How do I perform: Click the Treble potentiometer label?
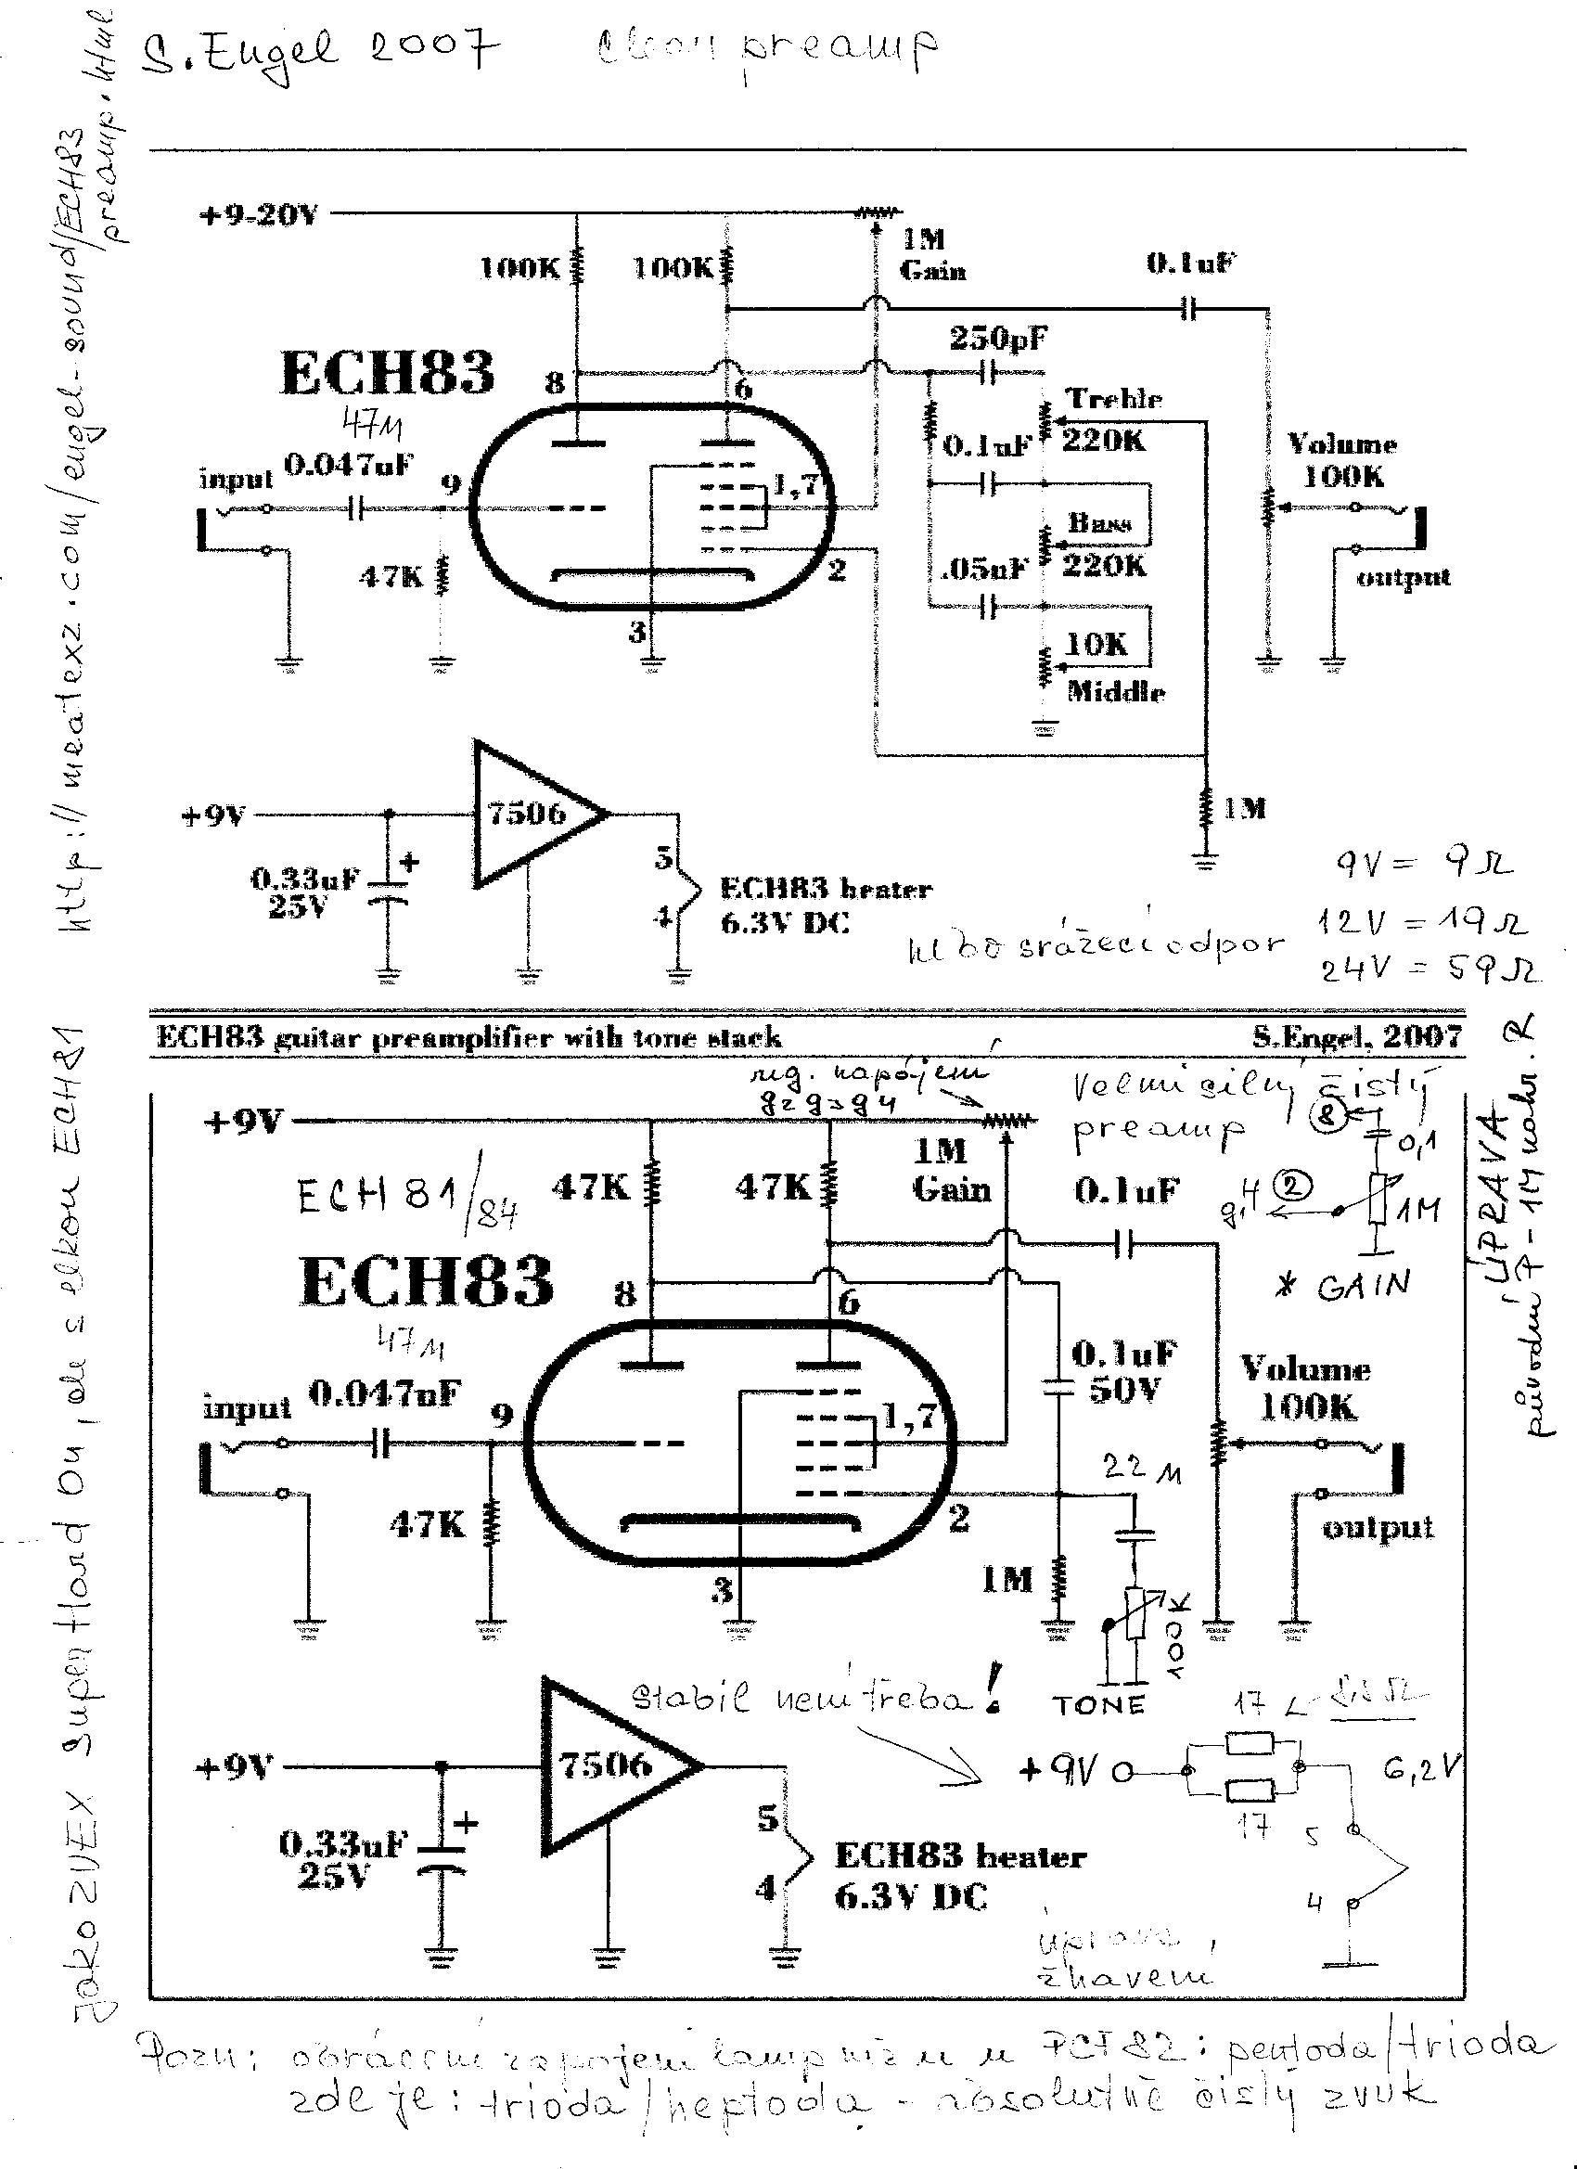pyautogui.click(x=1114, y=398)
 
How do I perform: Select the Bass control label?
pyautogui.click(x=1099, y=522)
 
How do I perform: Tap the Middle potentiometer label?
pyautogui.click(x=1116, y=691)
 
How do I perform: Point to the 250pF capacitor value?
pyautogui.click(x=997, y=338)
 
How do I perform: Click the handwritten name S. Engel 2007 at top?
pyautogui.click(x=320, y=54)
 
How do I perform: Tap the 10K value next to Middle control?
pyautogui.click(x=1096, y=644)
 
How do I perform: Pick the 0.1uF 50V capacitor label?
pyautogui.click(x=1124, y=1370)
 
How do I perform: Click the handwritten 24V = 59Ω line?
pyautogui.click(x=1429, y=969)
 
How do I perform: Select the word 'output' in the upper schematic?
pyautogui.click(x=1403, y=577)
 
